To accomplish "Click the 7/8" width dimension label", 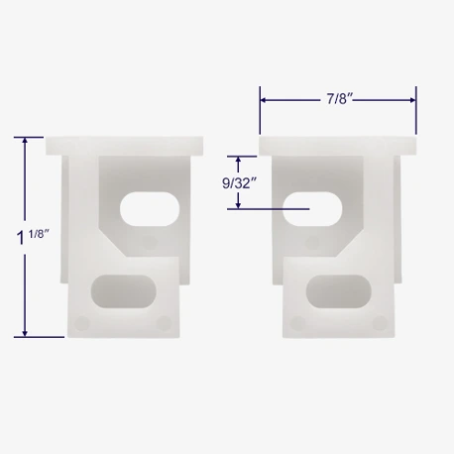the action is (x=340, y=99).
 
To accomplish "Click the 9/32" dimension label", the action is (x=239, y=183).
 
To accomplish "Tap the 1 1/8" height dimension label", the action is (x=33, y=237).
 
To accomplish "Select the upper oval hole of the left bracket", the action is (x=150, y=209).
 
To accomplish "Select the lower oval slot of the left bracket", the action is (x=123, y=291).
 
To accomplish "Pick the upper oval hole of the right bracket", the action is (x=312, y=209).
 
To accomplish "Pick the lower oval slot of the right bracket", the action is (x=339, y=291).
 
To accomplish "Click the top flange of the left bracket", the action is (x=124, y=146).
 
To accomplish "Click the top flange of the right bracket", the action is (x=338, y=146).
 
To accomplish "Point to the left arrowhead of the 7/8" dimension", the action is (x=264, y=100).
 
